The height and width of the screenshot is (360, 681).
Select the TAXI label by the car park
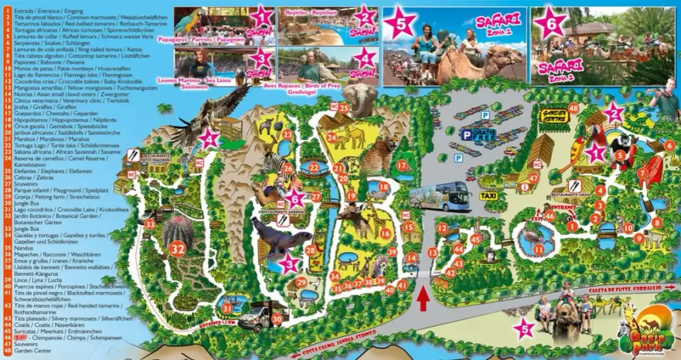tap(488, 196)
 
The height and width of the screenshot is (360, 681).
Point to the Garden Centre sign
tap(550, 116)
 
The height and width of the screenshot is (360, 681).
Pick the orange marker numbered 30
tap(276, 319)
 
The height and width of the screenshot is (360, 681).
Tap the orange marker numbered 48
tap(573, 108)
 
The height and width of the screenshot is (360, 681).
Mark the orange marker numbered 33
tap(149, 224)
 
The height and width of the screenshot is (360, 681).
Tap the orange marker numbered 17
tap(402, 165)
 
